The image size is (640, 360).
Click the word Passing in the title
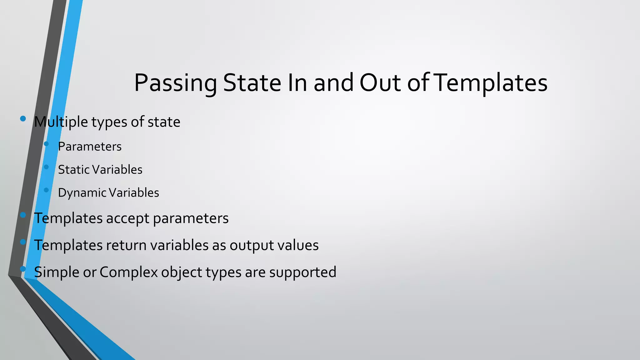[x=175, y=83]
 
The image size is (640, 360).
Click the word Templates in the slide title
[x=491, y=83]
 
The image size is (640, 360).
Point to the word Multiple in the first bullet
[x=61, y=122]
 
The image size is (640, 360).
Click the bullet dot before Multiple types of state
[x=23, y=119]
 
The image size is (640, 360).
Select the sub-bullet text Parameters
[x=90, y=147]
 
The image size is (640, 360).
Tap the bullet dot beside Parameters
[x=47, y=144]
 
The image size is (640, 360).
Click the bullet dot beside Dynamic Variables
[x=47, y=190]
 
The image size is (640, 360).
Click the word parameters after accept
[x=191, y=218]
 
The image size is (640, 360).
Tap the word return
[x=126, y=245]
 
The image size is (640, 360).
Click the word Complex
[x=129, y=272]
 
